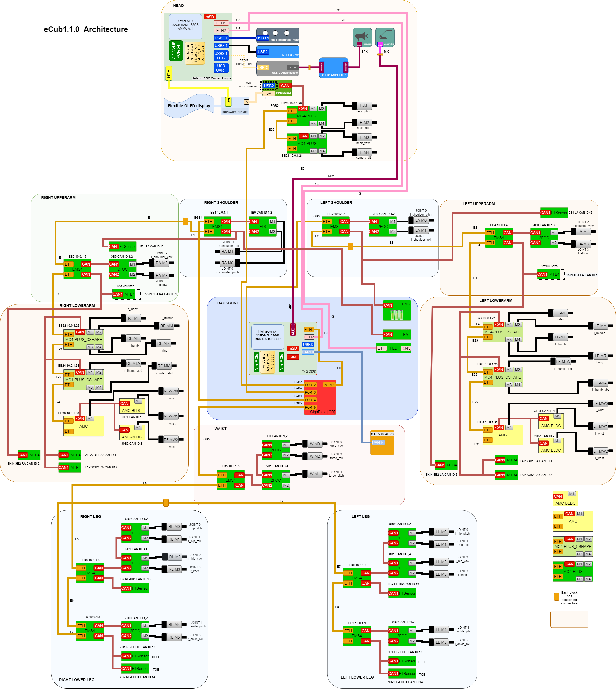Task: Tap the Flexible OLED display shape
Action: [189, 106]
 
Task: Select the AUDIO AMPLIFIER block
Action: [334, 68]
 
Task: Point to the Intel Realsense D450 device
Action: [277, 35]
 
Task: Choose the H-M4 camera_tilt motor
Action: [364, 152]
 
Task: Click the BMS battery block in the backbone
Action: [397, 310]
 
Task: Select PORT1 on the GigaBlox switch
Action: [329, 385]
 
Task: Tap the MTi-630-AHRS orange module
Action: [382, 443]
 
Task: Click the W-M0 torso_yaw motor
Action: [314, 444]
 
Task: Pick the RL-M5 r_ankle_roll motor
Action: [174, 637]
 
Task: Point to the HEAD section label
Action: [178, 6]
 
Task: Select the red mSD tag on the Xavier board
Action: [210, 17]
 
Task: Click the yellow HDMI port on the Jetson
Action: [169, 73]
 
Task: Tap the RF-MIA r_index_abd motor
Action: [164, 366]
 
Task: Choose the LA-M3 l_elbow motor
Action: [583, 244]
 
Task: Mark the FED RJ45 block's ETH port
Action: [382, 348]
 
